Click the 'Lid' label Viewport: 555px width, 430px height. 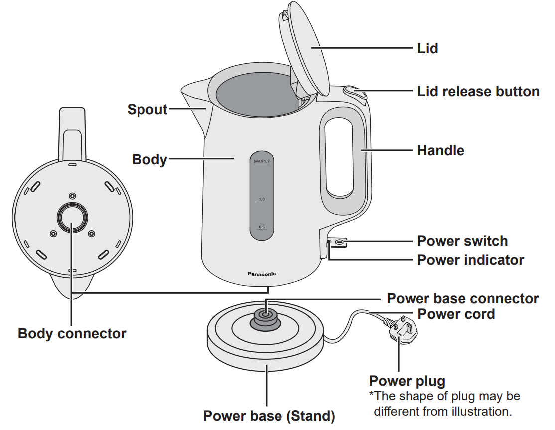pos(427,48)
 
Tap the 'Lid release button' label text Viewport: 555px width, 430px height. pos(478,92)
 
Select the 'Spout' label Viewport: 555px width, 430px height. pos(147,109)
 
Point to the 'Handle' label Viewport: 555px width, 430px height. pos(440,150)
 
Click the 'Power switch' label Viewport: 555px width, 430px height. pos(462,241)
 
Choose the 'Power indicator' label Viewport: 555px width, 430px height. pos(470,260)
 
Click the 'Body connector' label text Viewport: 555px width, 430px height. pos(72,333)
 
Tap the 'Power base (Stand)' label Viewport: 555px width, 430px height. pos(269,416)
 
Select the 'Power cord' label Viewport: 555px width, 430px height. pos(456,314)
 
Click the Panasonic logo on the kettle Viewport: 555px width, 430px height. pos(262,274)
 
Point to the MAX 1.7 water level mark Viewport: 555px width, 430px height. pos(262,162)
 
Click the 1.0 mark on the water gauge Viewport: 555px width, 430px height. pos(262,199)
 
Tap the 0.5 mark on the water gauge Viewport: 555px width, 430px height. pos(262,227)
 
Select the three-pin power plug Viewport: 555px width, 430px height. pos(401,331)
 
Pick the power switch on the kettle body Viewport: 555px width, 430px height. pos(339,242)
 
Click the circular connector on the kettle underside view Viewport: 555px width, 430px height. pos(73,216)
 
